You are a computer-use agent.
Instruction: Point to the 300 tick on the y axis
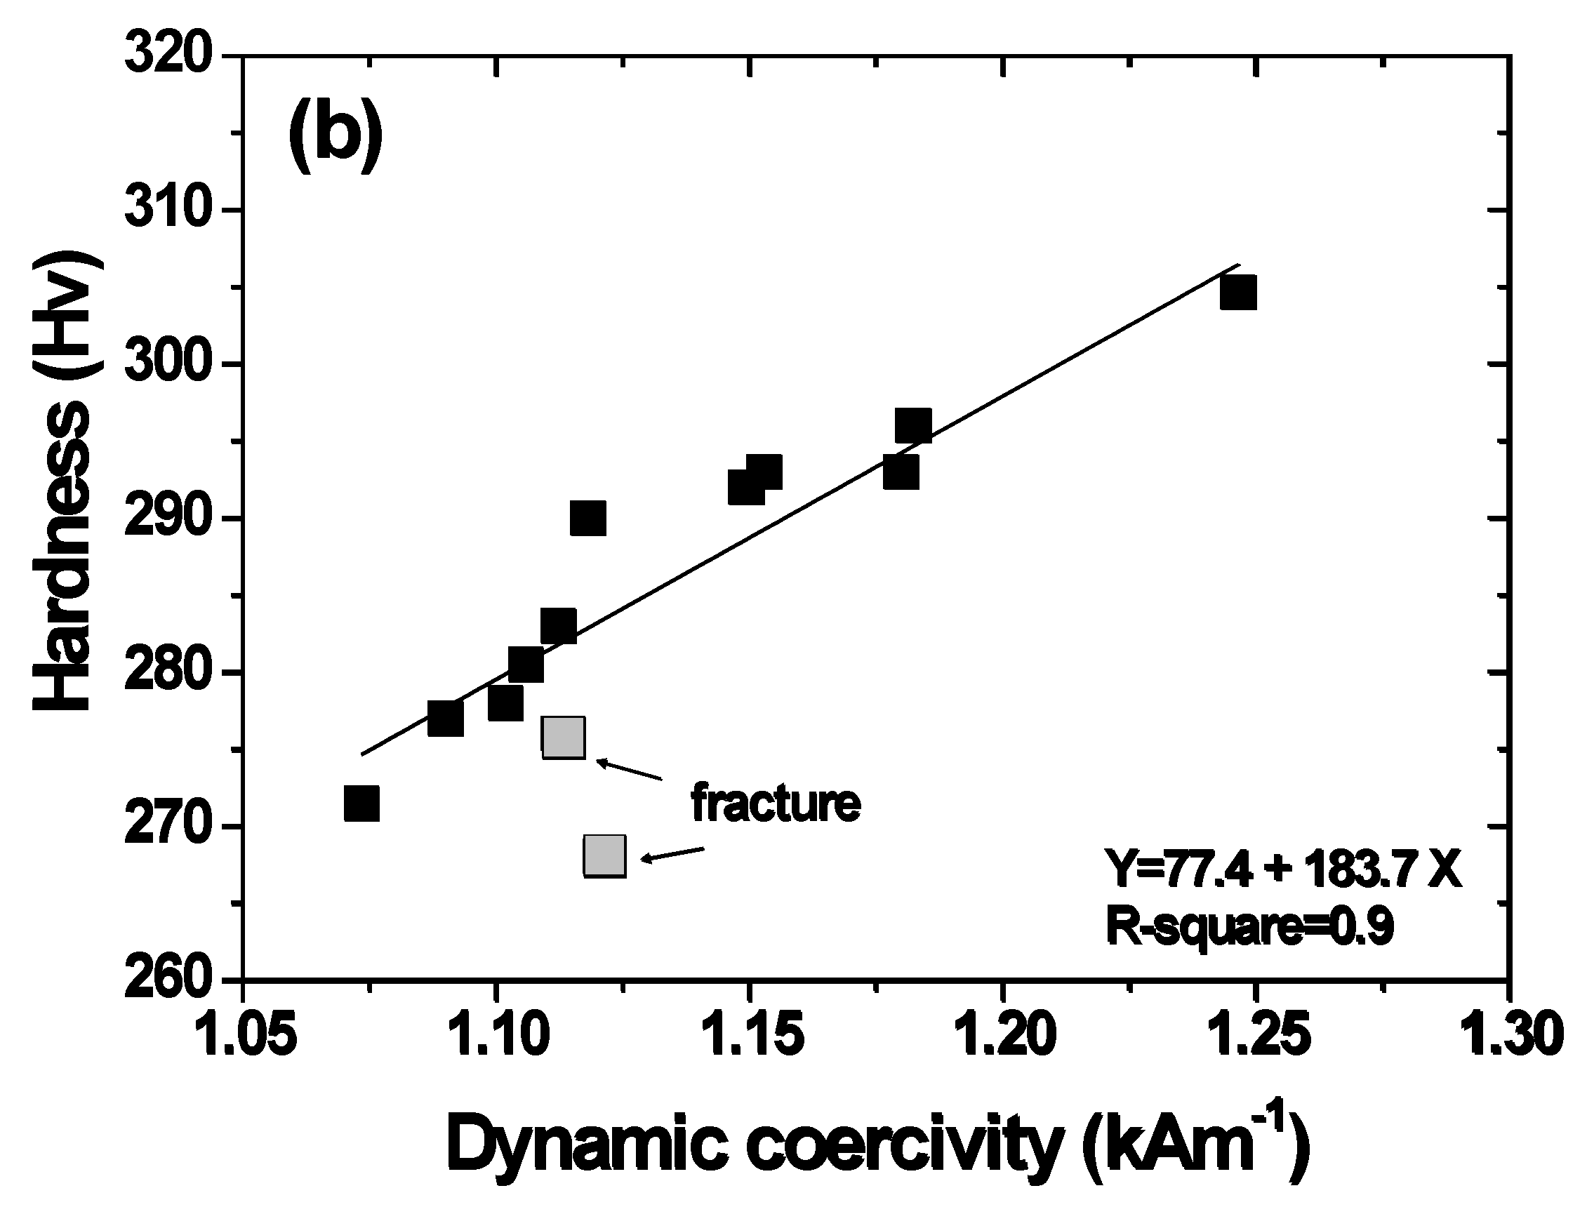click(x=168, y=365)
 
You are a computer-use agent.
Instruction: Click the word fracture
click(x=775, y=803)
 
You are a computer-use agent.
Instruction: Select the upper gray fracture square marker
click(x=563, y=738)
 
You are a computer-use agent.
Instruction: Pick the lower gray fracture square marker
click(x=604, y=855)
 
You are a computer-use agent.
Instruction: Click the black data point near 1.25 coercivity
click(x=1238, y=293)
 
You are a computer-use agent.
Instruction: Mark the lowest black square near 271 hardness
click(x=361, y=803)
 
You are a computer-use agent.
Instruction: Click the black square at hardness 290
click(x=587, y=519)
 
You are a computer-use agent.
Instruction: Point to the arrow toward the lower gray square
click(x=671, y=854)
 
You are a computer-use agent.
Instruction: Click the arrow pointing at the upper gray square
click(x=629, y=769)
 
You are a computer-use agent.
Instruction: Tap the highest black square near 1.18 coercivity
click(x=913, y=425)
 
